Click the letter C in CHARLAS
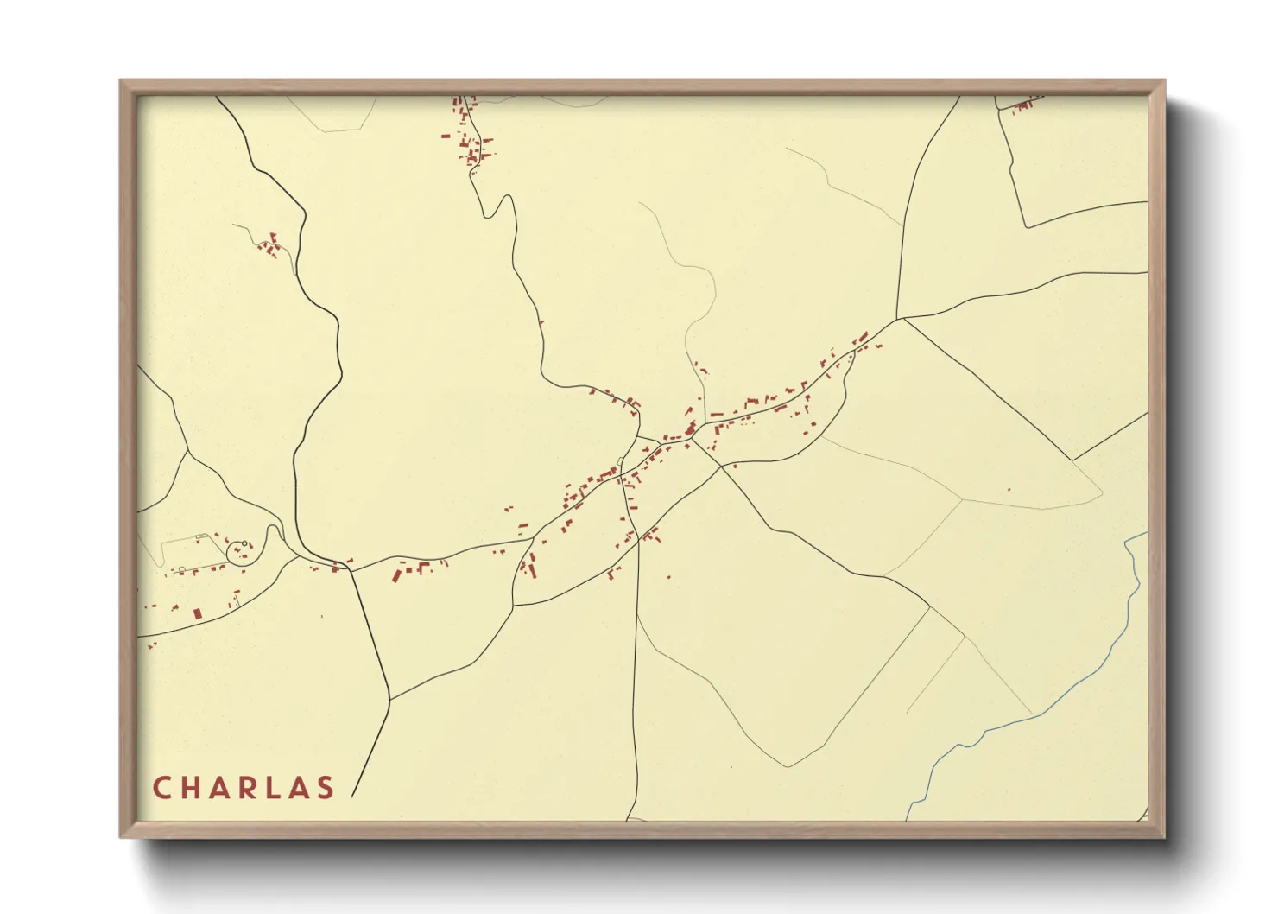(161, 788)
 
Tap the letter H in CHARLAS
(190, 788)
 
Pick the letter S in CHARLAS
(326, 788)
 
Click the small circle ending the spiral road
(245, 543)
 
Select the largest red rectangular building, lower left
(197, 613)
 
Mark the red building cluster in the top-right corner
(1024, 106)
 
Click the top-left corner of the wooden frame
(121, 81)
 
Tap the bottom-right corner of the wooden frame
(1164, 836)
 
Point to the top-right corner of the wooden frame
(1164, 81)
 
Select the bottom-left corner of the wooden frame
(121, 836)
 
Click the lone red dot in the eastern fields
(1009, 490)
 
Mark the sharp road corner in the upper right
(1026, 227)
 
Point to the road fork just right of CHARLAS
(389, 700)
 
